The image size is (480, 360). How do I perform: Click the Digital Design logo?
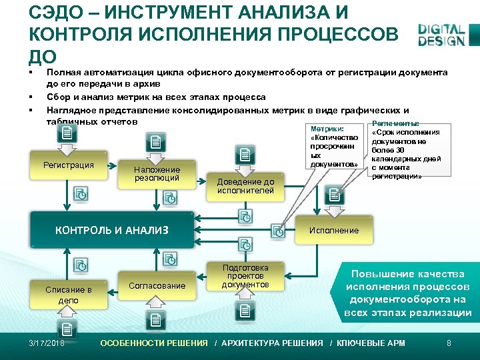[x=441, y=35]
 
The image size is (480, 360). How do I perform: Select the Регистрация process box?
[x=69, y=165]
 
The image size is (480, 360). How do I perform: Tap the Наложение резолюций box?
[x=157, y=174]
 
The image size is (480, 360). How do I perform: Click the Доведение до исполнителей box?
[x=245, y=186]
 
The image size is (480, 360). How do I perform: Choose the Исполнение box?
[x=333, y=230]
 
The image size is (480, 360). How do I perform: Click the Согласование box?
[x=158, y=285]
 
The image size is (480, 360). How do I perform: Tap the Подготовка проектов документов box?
[x=245, y=276]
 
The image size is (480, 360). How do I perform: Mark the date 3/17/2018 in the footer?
[x=47, y=343]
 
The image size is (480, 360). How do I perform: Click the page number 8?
[x=449, y=343]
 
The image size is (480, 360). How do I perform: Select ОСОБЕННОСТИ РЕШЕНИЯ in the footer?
[x=154, y=343]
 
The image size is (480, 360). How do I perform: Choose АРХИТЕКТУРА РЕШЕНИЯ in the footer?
[x=271, y=343]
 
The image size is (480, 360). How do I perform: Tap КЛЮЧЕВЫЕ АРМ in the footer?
[x=371, y=343]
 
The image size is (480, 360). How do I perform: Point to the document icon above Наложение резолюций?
[x=156, y=141]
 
